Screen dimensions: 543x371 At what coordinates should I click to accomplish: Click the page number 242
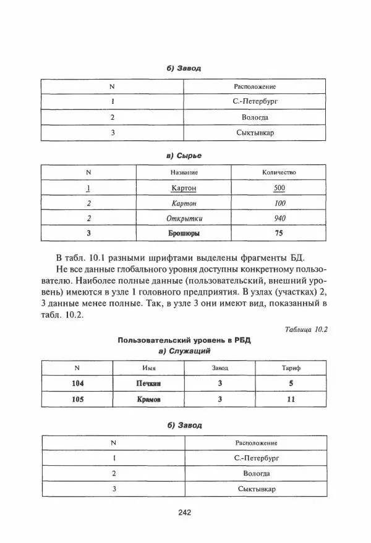pos(185,511)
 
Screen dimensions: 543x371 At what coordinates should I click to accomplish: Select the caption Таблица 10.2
pos(305,329)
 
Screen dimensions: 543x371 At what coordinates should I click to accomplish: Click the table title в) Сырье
pos(185,156)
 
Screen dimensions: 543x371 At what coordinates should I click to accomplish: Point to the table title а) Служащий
pos(185,351)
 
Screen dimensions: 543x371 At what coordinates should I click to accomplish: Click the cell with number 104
pos(77,383)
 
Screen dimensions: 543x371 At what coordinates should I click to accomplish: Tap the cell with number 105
pos(77,399)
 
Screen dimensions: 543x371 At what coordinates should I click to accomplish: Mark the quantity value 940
pos(279,218)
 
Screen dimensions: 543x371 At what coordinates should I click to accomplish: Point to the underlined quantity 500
pos(279,187)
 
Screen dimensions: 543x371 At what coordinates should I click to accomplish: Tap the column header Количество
pos(279,172)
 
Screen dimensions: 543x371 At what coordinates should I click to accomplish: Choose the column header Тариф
pos(291,368)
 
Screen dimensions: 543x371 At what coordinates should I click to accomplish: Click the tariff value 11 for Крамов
pos(291,399)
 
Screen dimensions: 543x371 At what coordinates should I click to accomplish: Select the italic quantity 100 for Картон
pos(279,203)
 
